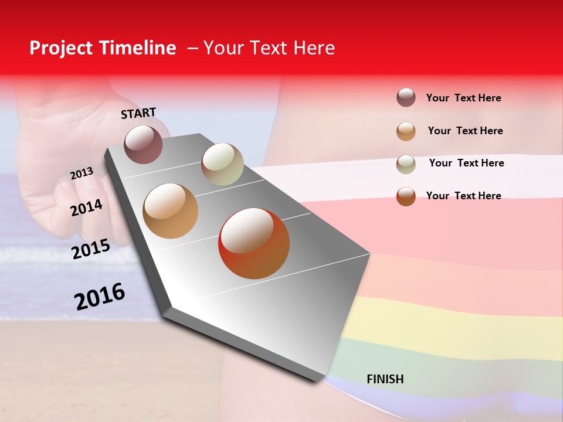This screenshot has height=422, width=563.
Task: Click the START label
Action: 138,113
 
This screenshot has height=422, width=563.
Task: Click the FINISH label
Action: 385,379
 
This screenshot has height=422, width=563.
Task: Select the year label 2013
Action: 82,173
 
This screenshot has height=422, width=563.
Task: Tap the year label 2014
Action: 86,207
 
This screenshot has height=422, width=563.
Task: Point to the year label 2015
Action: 90,249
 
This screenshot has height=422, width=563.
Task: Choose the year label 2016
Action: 100,297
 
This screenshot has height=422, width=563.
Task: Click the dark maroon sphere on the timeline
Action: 144,144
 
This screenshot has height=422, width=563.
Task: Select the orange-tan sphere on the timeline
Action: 171,211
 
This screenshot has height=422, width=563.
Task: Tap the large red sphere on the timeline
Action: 254,243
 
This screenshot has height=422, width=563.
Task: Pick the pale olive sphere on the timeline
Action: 222,164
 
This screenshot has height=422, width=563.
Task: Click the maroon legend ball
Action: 406,98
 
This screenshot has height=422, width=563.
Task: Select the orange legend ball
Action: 406,131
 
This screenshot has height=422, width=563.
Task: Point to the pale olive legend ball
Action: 406,164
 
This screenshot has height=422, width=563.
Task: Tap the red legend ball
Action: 406,196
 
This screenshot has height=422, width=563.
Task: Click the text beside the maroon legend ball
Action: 463,98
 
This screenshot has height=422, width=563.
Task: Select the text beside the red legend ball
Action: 463,196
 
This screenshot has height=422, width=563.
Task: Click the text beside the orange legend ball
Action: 465,131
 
